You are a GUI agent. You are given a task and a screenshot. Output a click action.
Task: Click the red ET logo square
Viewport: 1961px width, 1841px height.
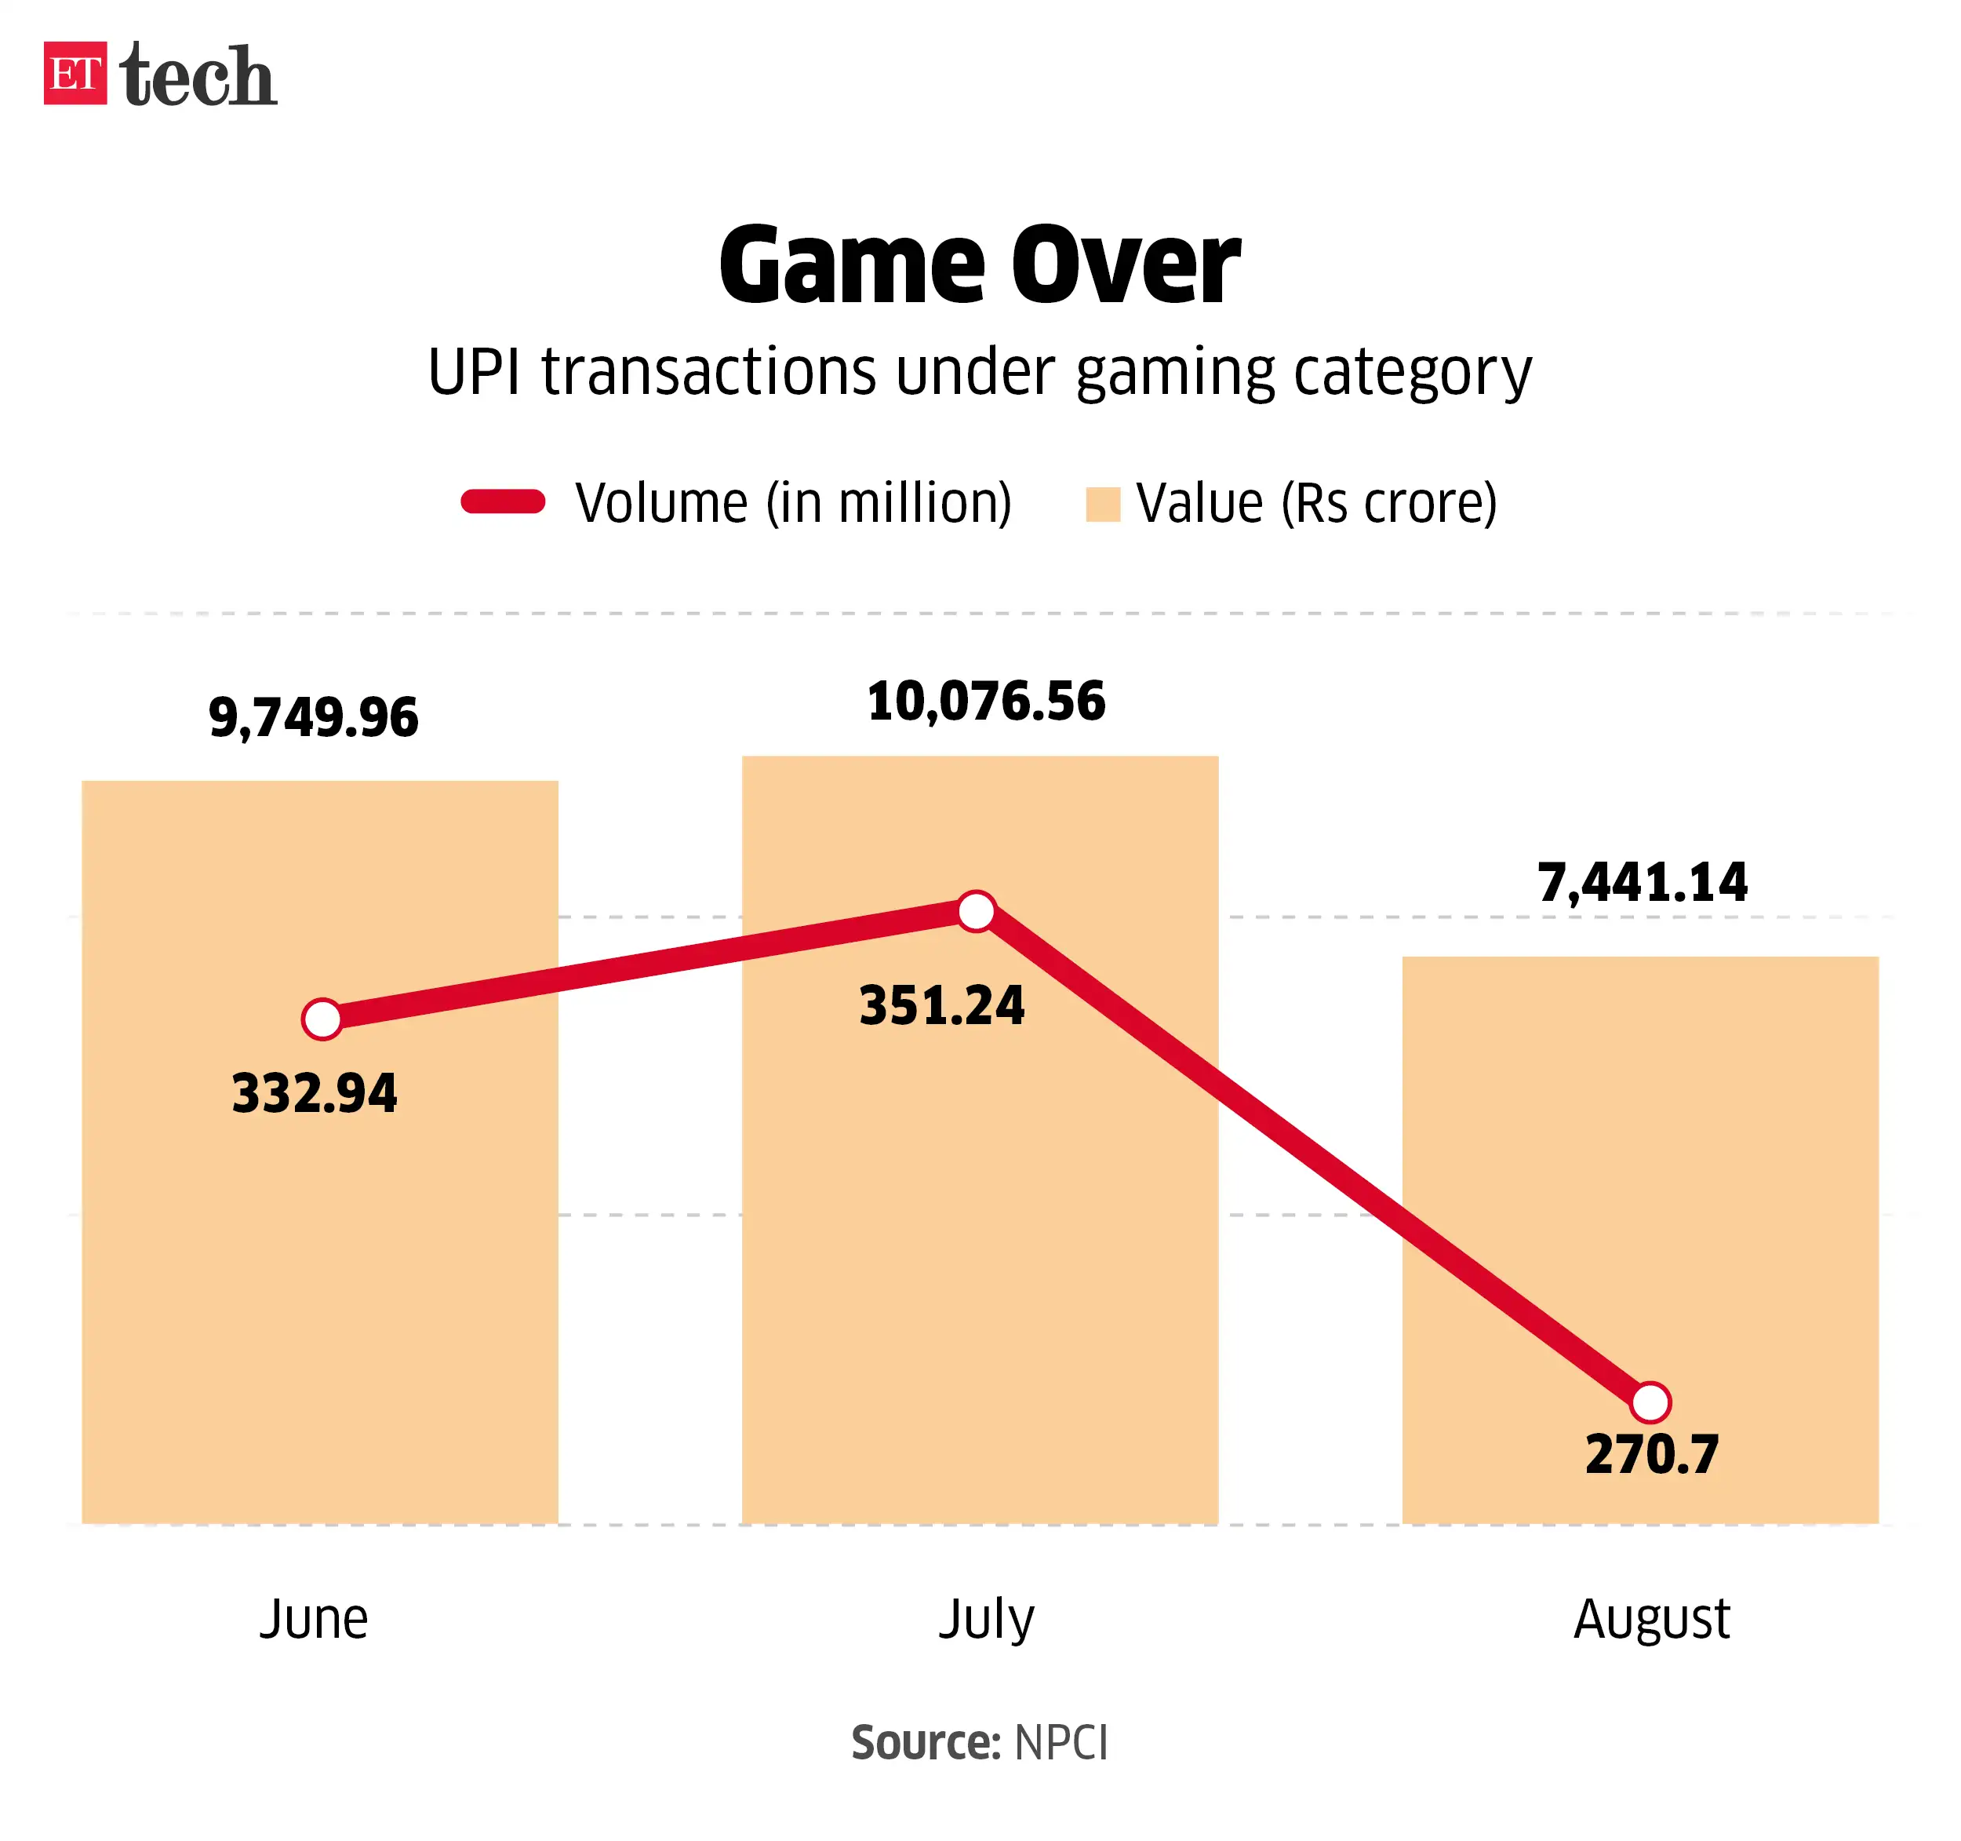pos(75,73)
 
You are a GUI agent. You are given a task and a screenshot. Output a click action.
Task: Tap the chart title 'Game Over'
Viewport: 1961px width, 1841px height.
pos(980,265)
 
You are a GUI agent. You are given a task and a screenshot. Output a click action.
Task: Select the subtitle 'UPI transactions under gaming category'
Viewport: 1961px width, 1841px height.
pos(980,373)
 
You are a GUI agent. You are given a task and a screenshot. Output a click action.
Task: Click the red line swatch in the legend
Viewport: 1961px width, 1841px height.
pos(503,502)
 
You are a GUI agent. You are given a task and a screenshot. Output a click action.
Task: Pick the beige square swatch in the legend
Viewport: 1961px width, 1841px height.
pos(1102,504)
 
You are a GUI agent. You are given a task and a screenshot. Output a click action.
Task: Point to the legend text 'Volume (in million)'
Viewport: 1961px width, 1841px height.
pos(793,503)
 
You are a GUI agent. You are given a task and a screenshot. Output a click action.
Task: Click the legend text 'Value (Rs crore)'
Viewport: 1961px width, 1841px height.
pos(1316,503)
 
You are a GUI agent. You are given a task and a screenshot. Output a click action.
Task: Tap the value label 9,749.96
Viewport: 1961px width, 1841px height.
pos(314,717)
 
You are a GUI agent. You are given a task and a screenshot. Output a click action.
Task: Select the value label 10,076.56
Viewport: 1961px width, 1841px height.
pos(987,702)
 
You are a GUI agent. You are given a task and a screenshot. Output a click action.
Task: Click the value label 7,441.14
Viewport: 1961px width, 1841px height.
pos(1643,882)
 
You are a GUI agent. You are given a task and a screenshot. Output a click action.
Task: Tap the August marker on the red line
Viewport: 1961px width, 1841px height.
pos(1650,1401)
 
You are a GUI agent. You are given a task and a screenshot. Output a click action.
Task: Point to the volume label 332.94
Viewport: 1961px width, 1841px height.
pos(315,1093)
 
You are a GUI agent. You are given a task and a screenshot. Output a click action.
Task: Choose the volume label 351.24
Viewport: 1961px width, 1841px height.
pos(942,1006)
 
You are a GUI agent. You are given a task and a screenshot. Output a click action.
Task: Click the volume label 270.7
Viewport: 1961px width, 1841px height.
pos(1652,1454)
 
